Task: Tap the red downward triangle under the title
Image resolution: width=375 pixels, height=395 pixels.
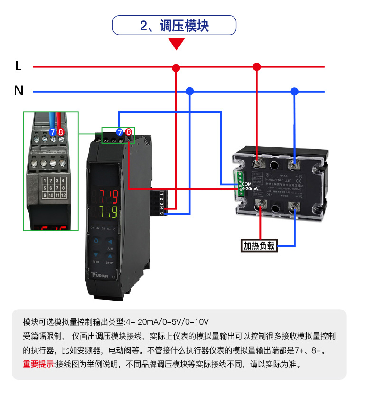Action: [177, 44]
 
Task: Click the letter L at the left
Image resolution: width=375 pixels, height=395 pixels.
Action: [19, 66]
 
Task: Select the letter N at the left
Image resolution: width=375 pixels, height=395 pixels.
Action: [19, 91]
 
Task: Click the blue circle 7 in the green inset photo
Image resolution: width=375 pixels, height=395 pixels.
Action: [53, 132]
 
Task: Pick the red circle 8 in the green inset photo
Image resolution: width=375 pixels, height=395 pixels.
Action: [61, 132]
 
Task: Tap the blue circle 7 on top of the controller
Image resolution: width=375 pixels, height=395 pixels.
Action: [120, 132]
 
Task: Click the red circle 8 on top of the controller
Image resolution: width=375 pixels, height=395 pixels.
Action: [128, 132]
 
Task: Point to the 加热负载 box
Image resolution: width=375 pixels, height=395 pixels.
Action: [259, 245]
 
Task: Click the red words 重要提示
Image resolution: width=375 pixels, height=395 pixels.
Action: [38, 365]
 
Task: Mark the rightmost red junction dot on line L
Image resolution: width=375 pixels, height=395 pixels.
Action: [257, 67]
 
